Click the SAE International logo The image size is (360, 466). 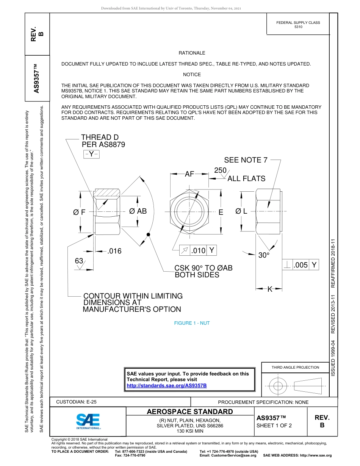88,421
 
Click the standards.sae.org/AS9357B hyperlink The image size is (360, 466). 167,385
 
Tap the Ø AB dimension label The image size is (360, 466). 138,211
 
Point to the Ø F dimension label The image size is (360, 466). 80,213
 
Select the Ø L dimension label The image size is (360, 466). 241,211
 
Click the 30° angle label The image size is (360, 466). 264,255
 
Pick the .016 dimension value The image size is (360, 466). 114,251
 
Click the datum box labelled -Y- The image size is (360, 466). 91,154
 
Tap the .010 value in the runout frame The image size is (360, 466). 198,250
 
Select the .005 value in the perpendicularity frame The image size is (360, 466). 301,265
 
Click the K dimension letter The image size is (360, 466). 270,289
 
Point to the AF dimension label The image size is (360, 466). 189,174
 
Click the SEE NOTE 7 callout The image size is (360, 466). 246,160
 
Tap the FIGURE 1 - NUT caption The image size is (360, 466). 192,323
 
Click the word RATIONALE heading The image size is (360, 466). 192,53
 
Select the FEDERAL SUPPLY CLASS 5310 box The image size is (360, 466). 298,25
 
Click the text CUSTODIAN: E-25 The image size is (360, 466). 76,402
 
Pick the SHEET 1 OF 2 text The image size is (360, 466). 274,425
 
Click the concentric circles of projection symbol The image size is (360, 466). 278,386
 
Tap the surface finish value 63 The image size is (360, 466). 79,261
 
